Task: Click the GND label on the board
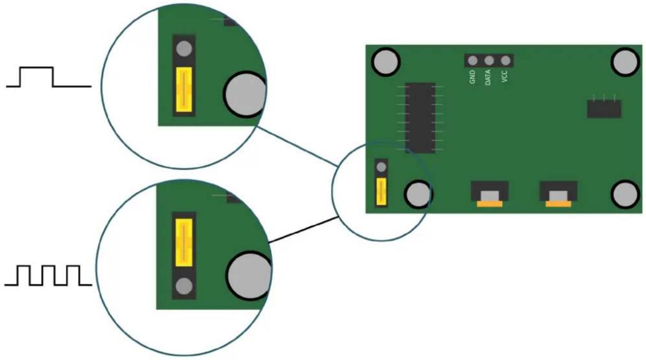[472, 77]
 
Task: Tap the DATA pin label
[488, 77]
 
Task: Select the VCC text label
[504, 76]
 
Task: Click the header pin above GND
[472, 61]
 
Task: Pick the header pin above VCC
[505, 61]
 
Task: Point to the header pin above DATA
[489, 61]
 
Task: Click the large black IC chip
[420, 118]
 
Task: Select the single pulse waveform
[49, 77]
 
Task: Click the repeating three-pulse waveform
[48, 275]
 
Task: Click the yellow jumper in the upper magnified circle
[184, 90]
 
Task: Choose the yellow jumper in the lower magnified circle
[184, 242]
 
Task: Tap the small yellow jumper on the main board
[381, 192]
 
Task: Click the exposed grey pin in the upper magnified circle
[184, 48]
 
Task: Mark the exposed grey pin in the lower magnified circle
[184, 286]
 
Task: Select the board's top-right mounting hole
[625, 63]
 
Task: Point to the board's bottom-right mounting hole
[625, 194]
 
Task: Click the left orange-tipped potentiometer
[489, 194]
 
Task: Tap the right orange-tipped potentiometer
[558, 194]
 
